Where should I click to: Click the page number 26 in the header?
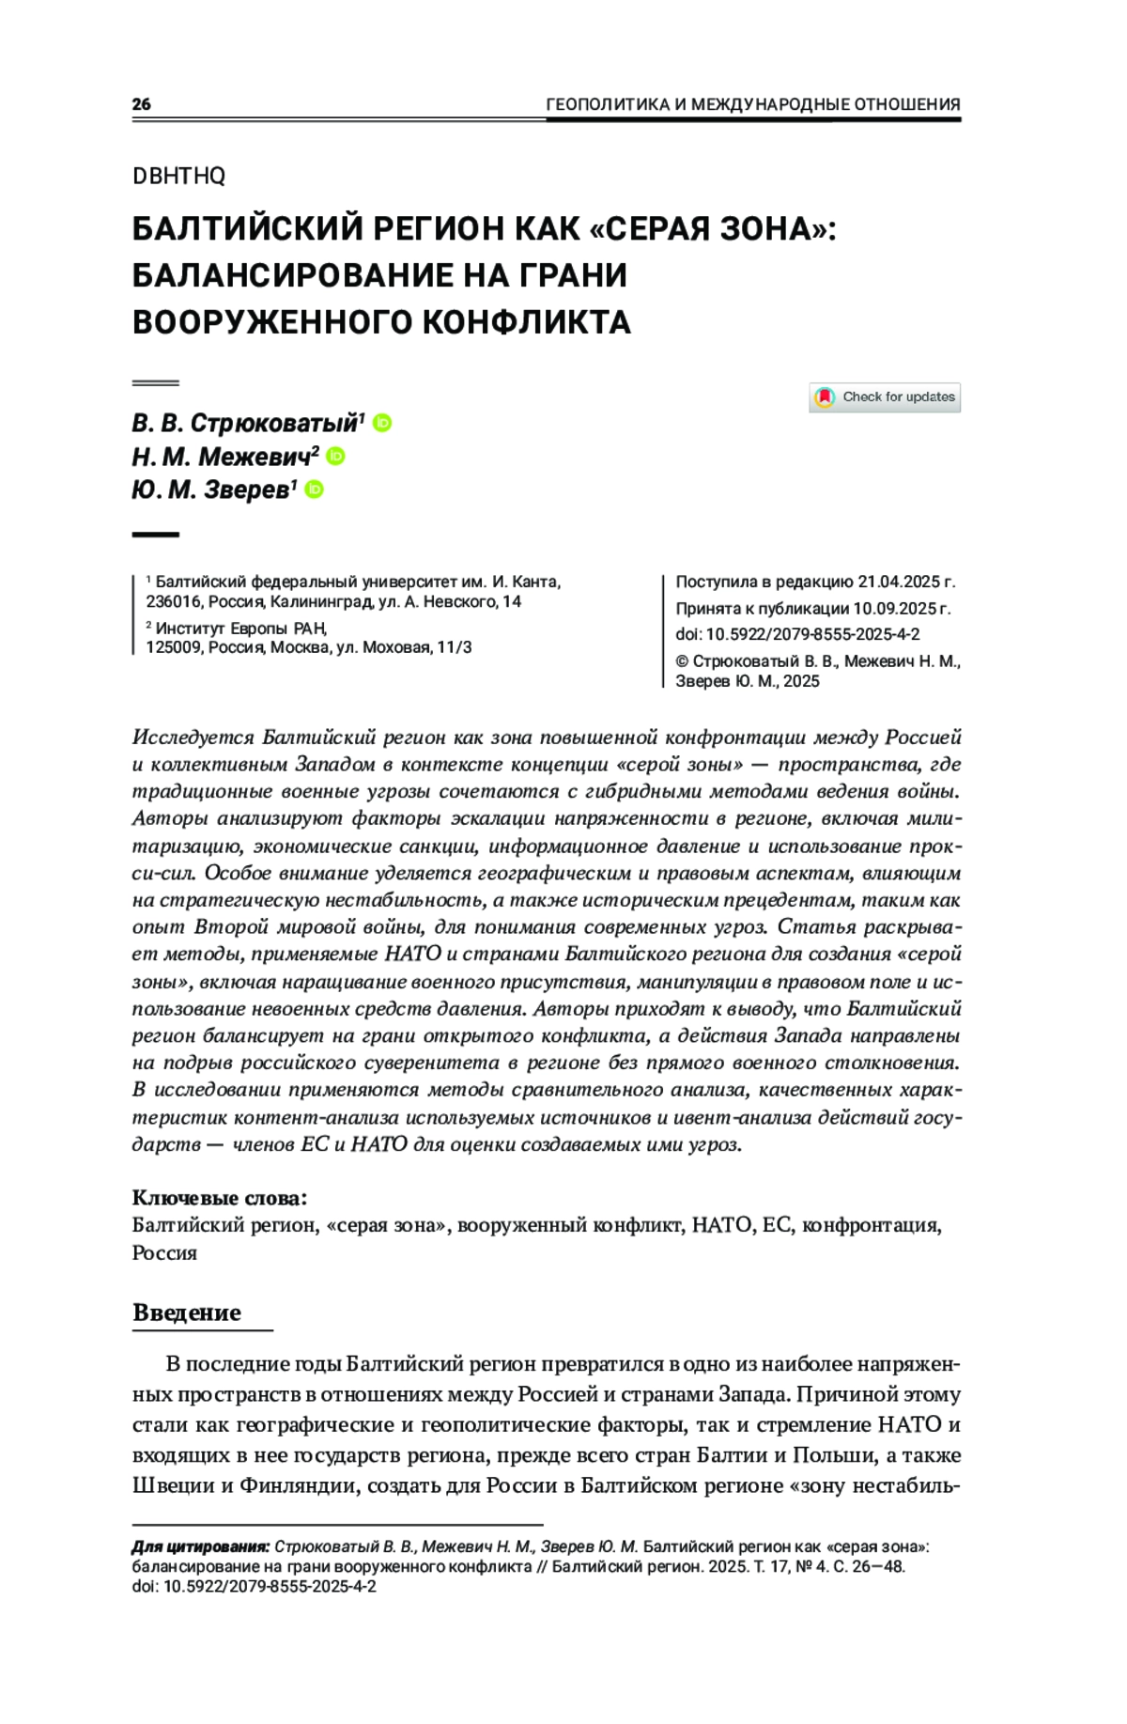pos(141,104)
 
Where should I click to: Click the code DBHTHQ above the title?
pos(178,176)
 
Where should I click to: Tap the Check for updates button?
pos(885,397)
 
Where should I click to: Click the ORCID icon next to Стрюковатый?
pos(382,423)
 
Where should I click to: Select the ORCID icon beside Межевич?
pos(336,456)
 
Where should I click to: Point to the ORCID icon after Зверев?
pos(315,489)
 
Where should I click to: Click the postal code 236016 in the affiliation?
pos(174,601)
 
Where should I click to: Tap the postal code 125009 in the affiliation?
pos(174,647)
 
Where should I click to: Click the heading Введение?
pos(187,1312)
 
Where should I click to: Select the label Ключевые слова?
pos(219,1198)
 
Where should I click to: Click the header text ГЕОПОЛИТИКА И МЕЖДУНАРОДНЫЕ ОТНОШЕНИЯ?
pos(752,104)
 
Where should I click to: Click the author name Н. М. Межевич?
pos(221,457)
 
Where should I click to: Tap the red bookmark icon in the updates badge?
pos(825,397)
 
